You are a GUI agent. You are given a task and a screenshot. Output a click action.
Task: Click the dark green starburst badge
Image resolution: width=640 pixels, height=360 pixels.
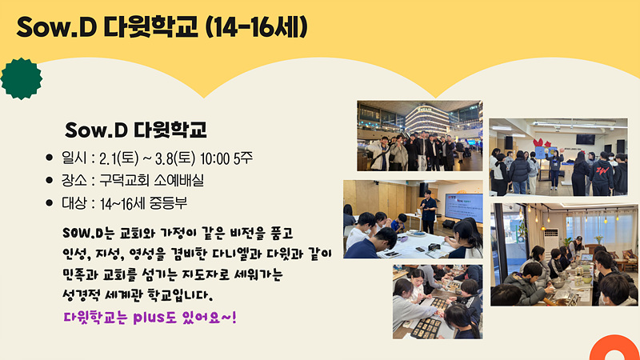click(22, 78)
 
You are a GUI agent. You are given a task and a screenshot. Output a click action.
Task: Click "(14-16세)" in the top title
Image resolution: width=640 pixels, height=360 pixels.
click(256, 27)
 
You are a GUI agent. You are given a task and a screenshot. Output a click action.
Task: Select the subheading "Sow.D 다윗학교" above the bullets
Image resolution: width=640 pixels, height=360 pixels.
click(136, 130)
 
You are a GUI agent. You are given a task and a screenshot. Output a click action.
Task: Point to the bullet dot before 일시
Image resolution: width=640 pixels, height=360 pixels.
click(50, 158)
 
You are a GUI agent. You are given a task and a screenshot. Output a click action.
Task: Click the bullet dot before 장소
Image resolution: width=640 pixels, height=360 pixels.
click(50, 180)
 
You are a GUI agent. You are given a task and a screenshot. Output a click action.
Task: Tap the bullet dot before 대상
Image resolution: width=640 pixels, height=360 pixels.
click(50, 202)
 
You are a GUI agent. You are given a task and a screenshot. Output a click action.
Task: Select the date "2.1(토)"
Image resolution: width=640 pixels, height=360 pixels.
click(119, 158)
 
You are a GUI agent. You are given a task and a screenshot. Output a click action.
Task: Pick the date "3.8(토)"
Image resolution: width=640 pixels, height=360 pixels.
click(175, 158)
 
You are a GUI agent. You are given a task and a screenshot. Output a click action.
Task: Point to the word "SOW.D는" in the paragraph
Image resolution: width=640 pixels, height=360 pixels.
click(89, 234)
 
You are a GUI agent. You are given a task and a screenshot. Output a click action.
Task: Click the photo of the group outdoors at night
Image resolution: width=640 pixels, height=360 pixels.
click(419, 135)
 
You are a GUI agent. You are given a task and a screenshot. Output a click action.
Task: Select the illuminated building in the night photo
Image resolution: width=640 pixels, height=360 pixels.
click(426, 119)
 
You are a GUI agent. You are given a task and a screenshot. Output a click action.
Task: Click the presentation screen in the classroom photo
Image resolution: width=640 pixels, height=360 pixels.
click(463, 207)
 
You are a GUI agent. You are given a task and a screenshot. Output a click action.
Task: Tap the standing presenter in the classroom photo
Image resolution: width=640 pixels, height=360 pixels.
click(428, 212)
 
